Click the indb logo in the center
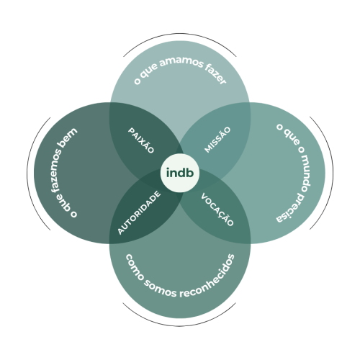(180, 173)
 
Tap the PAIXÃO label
(141, 140)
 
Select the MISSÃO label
(217, 140)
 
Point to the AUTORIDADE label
(139, 212)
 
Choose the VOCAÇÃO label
(217, 210)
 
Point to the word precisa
(294, 208)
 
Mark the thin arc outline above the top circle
(180, 34)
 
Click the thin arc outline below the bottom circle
(180, 326)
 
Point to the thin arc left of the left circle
(27, 174)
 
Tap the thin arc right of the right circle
(333, 174)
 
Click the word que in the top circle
(149, 71)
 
